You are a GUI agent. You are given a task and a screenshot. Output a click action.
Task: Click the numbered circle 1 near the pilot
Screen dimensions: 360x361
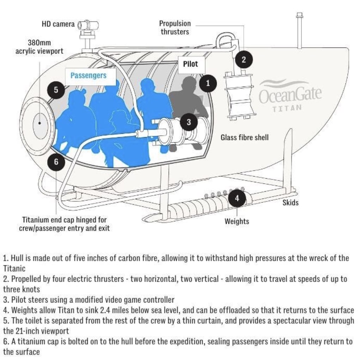pyautogui.click(x=208, y=83)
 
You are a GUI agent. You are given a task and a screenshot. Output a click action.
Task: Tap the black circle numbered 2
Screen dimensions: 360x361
pyautogui.click(x=243, y=59)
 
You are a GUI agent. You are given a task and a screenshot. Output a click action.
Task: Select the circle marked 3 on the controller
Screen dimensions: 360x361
pyautogui.click(x=189, y=122)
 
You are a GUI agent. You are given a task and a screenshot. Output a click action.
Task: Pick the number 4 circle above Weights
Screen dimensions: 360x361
pyautogui.click(x=237, y=198)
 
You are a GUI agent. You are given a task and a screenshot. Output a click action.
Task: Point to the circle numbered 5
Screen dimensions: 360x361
pyautogui.click(x=56, y=90)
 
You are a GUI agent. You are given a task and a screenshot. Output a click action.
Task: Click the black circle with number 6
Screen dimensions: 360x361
pyautogui.click(x=56, y=162)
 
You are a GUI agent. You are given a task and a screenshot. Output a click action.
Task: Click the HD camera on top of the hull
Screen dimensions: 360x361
pyautogui.click(x=88, y=25)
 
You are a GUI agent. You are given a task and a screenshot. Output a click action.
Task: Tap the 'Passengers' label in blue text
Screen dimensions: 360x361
pyautogui.click(x=88, y=76)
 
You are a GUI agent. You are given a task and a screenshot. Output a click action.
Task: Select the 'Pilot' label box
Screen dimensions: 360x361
pyautogui.click(x=190, y=64)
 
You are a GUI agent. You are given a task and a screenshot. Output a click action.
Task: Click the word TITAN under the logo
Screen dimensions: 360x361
pyautogui.click(x=287, y=108)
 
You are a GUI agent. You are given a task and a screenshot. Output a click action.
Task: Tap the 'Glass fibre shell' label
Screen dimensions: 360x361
pyautogui.click(x=244, y=137)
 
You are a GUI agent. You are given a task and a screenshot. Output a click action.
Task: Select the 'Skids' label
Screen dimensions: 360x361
pyautogui.click(x=290, y=203)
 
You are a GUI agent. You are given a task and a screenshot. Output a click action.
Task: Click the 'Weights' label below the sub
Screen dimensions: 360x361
pyautogui.click(x=237, y=221)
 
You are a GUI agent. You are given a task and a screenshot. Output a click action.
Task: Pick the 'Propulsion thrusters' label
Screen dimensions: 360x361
pyautogui.click(x=175, y=28)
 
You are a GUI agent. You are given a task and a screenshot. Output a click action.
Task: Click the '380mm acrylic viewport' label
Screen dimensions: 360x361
pyautogui.click(x=39, y=47)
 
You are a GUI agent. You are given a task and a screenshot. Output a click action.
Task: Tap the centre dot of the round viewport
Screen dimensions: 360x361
pyautogui.click(x=40, y=123)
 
